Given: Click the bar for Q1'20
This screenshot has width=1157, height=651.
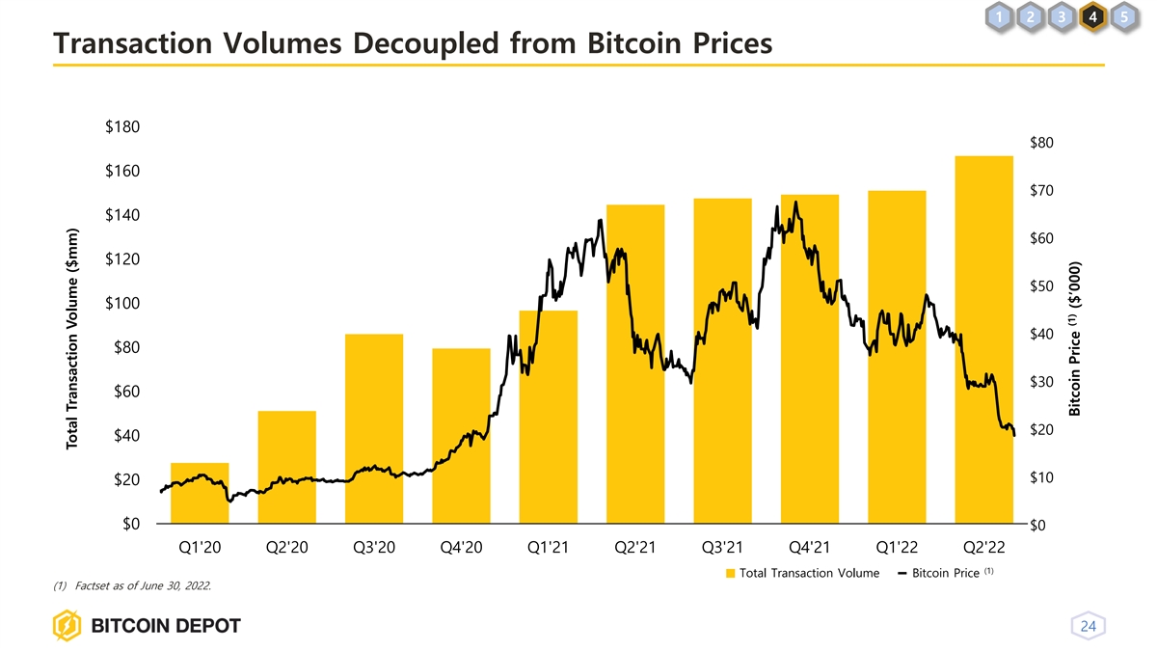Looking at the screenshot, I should point(200,493).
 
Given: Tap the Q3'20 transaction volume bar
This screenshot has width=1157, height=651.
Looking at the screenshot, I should point(374,428).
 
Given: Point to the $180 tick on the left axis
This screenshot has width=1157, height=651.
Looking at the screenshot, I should point(121,127).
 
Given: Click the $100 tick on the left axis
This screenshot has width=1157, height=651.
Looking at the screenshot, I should point(121,304).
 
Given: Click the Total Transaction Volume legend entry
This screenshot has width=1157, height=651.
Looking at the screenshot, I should point(802,574).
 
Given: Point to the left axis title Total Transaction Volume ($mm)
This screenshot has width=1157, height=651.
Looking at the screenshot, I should point(71,339).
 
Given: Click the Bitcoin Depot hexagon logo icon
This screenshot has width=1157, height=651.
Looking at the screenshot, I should point(67,626).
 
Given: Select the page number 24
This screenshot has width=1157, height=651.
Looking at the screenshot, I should point(1089,626).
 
